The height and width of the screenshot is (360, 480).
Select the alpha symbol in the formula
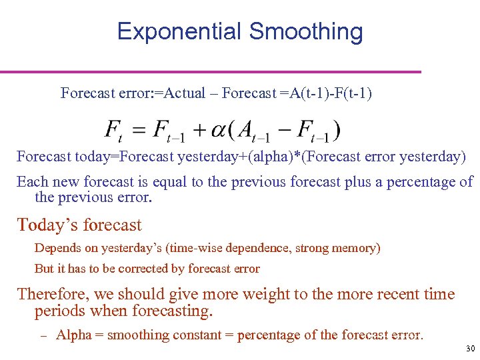click(218, 131)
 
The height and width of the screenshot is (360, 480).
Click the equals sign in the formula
click(139, 131)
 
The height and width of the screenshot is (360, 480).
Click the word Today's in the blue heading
click(45, 225)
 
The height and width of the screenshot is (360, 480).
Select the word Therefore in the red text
click(51, 295)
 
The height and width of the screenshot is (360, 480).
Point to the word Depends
click(57, 248)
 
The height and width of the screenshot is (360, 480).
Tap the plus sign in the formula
click(199, 131)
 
